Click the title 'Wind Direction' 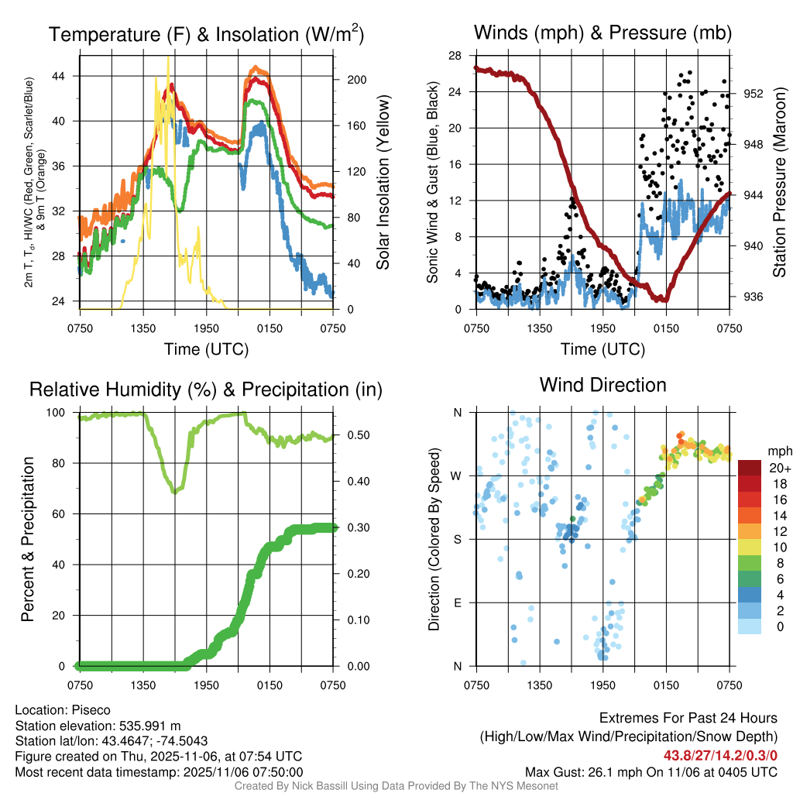pos(602,385)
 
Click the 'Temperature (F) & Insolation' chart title pos(206,34)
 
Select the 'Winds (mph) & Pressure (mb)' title pos(602,33)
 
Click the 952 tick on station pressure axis pos(753,93)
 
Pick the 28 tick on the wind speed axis pos(455,56)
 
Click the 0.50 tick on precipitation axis pos(353,435)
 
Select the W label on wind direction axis pos(457,475)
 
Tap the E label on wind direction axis pos(457,602)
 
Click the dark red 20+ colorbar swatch pos(750,468)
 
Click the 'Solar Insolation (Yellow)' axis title pos(383,183)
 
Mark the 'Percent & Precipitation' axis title pos(28,539)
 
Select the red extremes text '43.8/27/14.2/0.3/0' pos(720,755)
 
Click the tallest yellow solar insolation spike pos(168,59)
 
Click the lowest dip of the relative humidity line pos(175,491)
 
